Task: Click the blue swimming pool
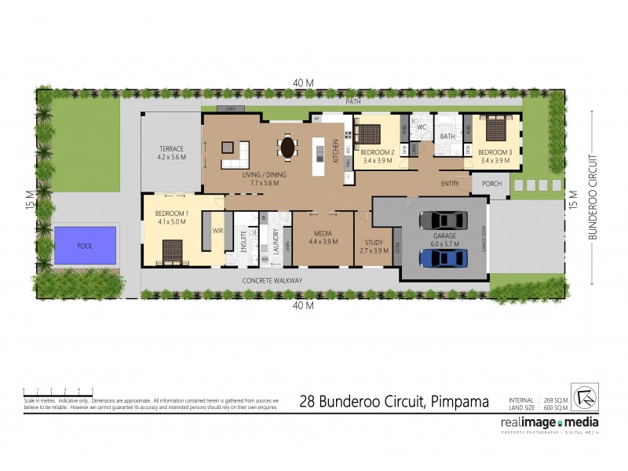coord(85,245)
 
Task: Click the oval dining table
coord(288,147)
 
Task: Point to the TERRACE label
coord(171,148)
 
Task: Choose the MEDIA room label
coord(323,232)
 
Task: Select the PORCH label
coord(491,184)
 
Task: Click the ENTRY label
coord(450,184)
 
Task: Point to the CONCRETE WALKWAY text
coord(272,280)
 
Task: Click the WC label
coord(421,126)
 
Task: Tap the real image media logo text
coord(549,422)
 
